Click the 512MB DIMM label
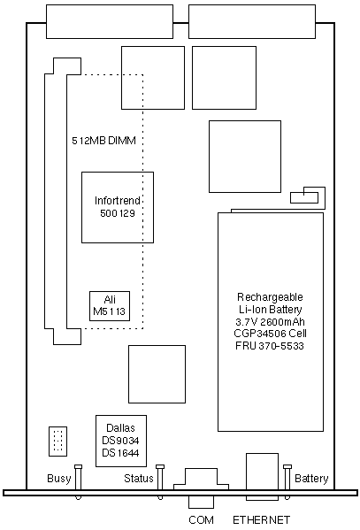tap(103, 141)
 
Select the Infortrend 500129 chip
tap(118, 207)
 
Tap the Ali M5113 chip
tap(110, 306)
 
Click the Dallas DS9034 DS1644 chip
tap(121, 441)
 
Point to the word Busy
tap(59, 479)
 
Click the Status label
tap(139, 479)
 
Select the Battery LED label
tap(311, 479)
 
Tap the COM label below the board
tap(201, 519)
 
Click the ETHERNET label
tap(261, 519)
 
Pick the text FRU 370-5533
tap(270, 346)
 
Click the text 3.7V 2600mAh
tap(270, 321)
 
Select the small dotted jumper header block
tap(57, 442)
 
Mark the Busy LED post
tap(78, 482)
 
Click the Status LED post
tap(160, 482)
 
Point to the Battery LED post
tap(287, 482)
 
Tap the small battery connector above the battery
tap(304, 197)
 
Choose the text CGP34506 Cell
tap(270, 334)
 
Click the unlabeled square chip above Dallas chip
tap(157, 374)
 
